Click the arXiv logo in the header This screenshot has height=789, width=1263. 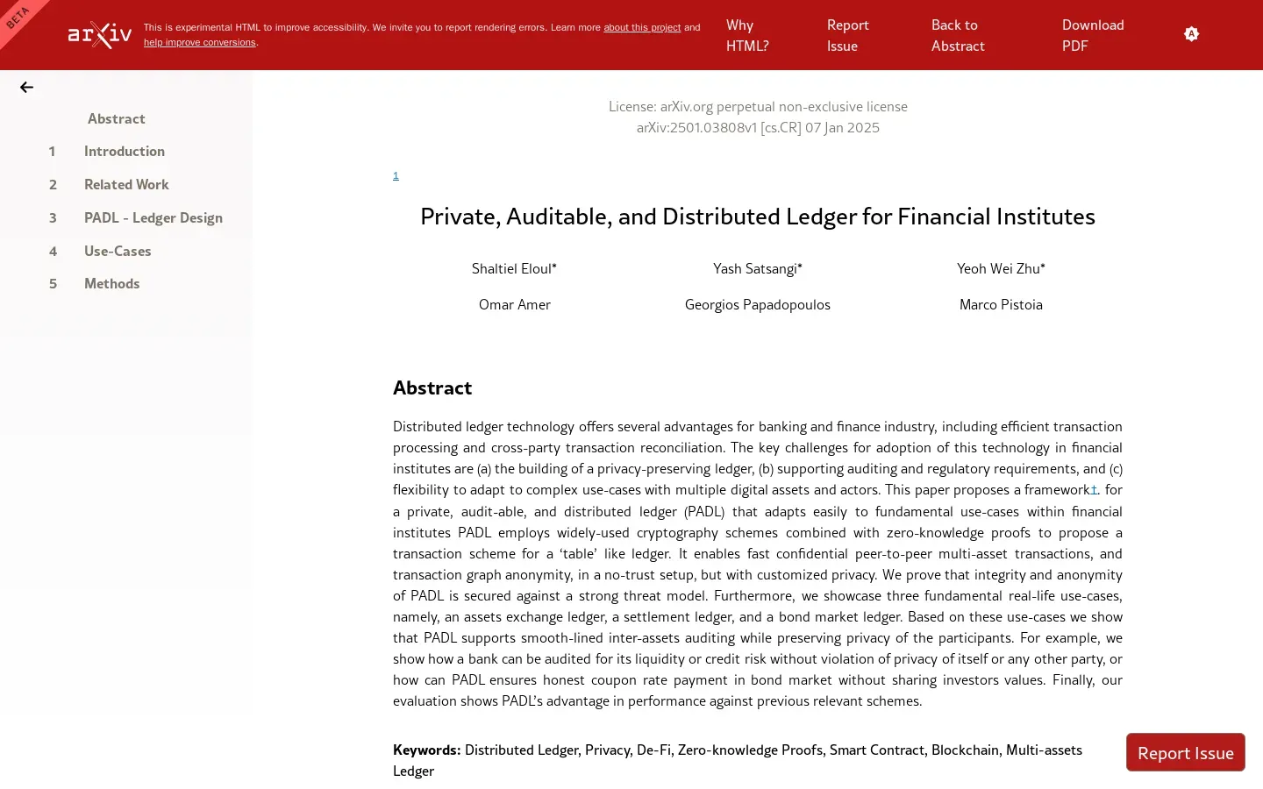pyautogui.click(x=100, y=34)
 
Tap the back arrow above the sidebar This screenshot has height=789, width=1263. pyautogui.click(x=26, y=87)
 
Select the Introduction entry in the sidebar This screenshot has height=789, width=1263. pyautogui.click(x=124, y=151)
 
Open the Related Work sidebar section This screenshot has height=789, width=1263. pyautogui.click(x=126, y=184)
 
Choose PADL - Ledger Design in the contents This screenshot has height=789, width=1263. pyautogui.click(x=153, y=217)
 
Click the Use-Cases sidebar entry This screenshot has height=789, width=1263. pyautogui.click(x=118, y=251)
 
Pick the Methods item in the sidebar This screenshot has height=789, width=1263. pyautogui.click(x=111, y=283)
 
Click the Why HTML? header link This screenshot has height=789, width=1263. pyautogui.click(x=747, y=35)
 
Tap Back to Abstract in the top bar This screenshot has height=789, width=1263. pyautogui.click(x=958, y=35)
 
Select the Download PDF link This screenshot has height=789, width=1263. pyautogui.click(x=1093, y=35)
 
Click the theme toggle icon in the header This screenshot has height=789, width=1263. pyautogui.click(x=1191, y=34)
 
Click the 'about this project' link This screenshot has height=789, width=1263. pyautogui.click(x=642, y=27)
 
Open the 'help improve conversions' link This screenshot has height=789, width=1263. pyautogui.click(x=200, y=42)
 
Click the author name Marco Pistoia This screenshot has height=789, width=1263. pyautogui.click(x=1001, y=304)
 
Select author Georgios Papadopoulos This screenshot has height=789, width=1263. pyautogui.click(x=757, y=304)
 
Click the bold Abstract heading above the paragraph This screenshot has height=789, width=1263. pyautogui.click(x=432, y=387)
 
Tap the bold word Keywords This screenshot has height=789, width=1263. pyautogui.click(x=426, y=750)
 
